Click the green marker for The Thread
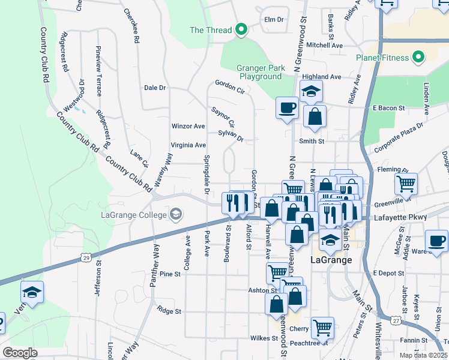tap(241, 29)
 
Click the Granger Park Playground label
tap(261, 73)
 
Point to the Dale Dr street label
tap(155, 88)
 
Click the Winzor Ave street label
tap(188, 127)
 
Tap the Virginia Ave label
tap(188, 145)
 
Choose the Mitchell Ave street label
tap(324, 45)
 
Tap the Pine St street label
tap(170, 274)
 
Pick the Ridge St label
tap(169, 311)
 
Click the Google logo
tap(19, 353)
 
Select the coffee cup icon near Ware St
tap(436, 241)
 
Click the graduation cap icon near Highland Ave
tap(311, 91)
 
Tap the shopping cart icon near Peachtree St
tap(322, 328)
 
